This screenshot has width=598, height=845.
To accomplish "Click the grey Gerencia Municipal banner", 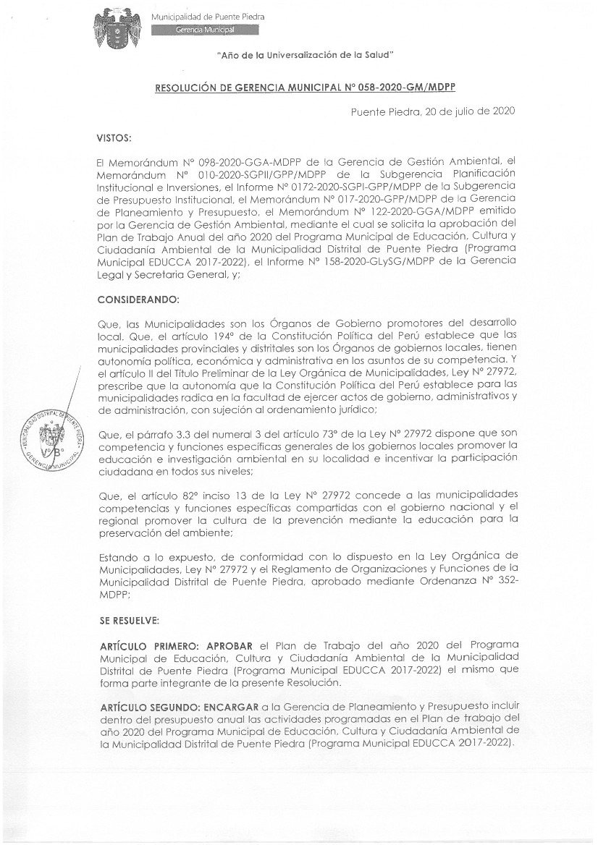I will [x=205, y=30].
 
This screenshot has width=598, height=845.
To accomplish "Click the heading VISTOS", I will [x=114, y=137].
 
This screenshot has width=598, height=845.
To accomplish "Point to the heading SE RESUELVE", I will [x=127, y=621].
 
